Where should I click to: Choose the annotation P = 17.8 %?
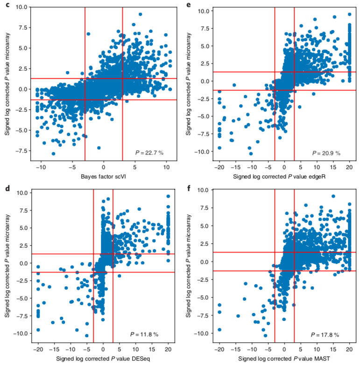[325, 334]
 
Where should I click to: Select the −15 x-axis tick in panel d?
[54, 348]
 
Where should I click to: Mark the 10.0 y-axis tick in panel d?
[21, 192]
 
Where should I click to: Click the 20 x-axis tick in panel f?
[349, 348]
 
